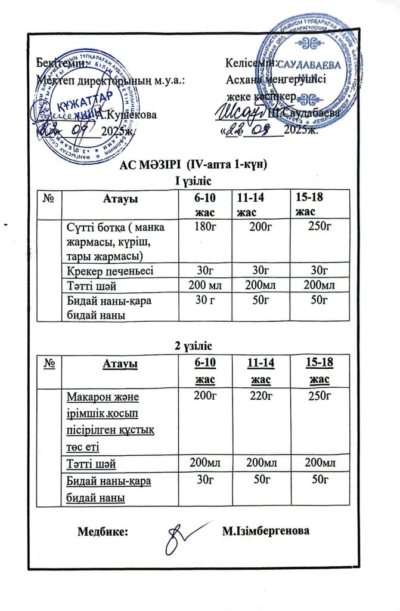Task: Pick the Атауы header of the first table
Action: coord(121,198)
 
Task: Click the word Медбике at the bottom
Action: coord(103,532)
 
